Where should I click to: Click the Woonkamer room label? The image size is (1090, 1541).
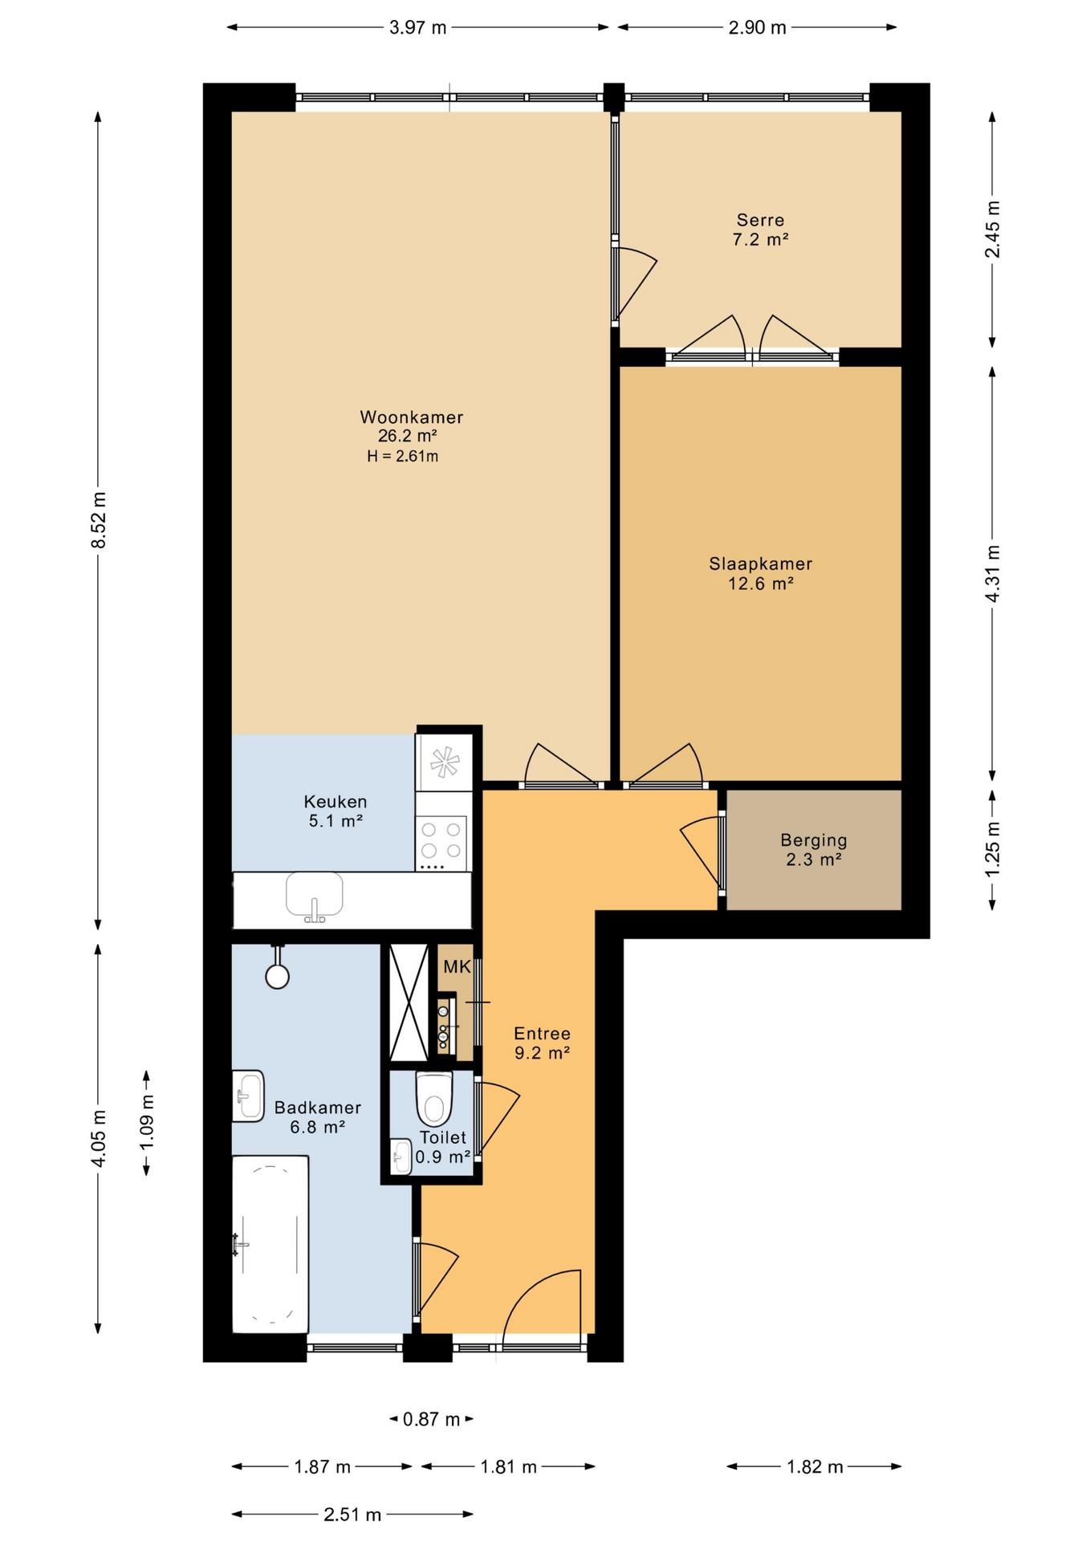click(x=411, y=417)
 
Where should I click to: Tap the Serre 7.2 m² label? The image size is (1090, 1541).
click(x=760, y=230)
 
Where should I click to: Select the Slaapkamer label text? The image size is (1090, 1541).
click(x=760, y=564)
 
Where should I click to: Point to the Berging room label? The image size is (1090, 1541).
click(x=814, y=840)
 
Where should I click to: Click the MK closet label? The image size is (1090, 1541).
click(x=457, y=967)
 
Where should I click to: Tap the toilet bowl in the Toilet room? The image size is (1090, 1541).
click(x=434, y=1099)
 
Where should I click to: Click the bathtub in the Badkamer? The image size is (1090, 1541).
click(x=270, y=1244)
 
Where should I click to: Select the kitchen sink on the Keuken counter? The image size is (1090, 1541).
click(x=315, y=897)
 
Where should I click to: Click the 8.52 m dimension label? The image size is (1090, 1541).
click(x=99, y=520)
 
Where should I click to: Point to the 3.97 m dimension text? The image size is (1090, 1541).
click(x=417, y=27)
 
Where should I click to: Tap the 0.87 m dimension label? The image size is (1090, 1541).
click(x=432, y=1419)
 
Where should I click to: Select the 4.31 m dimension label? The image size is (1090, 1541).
click(x=993, y=574)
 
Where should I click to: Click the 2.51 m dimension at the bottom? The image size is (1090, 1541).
click(x=352, y=1515)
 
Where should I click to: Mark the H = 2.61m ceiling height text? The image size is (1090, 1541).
click(x=403, y=457)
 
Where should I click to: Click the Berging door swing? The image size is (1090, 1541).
click(x=700, y=851)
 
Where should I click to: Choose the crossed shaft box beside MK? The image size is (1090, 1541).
click(x=409, y=1002)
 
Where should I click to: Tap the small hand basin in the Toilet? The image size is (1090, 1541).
click(x=401, y=1157)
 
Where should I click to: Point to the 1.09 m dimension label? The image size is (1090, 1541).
click(x=147, y=1122)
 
